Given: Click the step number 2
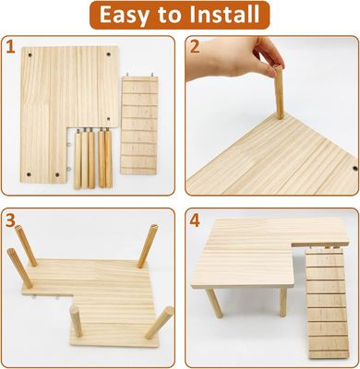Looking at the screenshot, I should (195, 46).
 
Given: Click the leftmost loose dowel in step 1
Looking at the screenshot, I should (76, 161).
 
